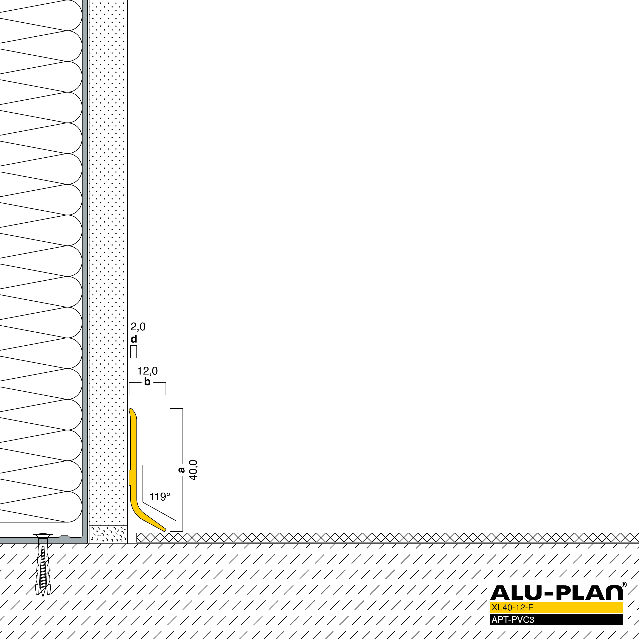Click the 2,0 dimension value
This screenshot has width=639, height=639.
point(138,327)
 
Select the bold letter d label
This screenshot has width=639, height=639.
point(134,339)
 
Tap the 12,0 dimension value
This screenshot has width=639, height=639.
point(147,371)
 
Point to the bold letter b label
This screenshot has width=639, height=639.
point(147,382)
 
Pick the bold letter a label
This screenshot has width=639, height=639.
point(181,470)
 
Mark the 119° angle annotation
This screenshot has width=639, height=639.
point(160,496)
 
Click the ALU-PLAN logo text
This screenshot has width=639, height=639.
point(556,593)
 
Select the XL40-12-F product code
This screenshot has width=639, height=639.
point(512,607)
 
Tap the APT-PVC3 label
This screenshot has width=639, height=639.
point(513,619)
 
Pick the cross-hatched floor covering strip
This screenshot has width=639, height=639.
point(388,538)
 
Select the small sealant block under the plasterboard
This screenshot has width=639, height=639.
point(108,534)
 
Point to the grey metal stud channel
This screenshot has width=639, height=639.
point(85,271)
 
